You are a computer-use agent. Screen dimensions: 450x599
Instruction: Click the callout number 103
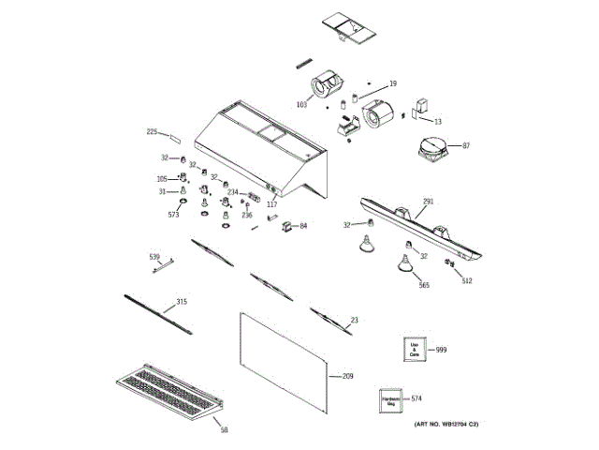pyautogui.click(x=302, y=105)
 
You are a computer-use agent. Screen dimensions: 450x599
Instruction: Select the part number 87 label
pyautogui.click(x=466, y=145)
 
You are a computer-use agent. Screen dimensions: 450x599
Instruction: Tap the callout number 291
pyautogui.click(x=428, y=202)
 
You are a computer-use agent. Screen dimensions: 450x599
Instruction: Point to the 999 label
pyautogui.click(x=442, y=350)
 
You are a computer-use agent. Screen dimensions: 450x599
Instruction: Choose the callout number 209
pyautogui.click(x=347, y=376)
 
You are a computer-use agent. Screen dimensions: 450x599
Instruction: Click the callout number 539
pyautogui.click(x=154, y=256)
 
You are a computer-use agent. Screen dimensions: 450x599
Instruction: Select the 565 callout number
pyautogui.click(x=423, y=285)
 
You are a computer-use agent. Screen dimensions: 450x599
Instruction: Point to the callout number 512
pyautogui.click(x=466, y=279)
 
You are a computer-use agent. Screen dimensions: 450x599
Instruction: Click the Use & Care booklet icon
pyautogui.click(x=415, y=351)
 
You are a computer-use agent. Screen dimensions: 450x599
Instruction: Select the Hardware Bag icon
pyautogui.click(x=391, y=400)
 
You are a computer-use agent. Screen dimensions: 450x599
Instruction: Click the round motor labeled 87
pyautogui.click(x=431, y=151)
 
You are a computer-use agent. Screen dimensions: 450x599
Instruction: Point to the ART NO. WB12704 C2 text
pyautogui.click(x=446, y=427)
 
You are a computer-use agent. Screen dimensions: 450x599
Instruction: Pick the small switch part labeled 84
pyautogui.click(x=287, y=225)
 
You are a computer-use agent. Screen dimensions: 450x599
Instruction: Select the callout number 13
pyautogui.click(x=437, y=122)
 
